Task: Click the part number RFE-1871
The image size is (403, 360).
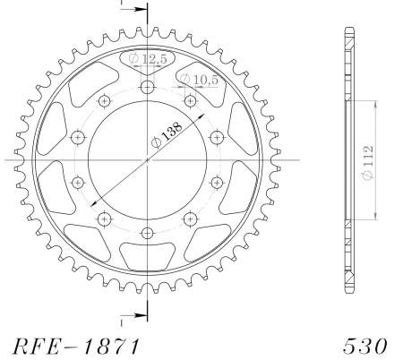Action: [x=76, y=347]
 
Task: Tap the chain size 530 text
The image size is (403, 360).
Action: [x=364, y=347]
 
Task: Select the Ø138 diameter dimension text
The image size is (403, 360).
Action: [x=166, y=135]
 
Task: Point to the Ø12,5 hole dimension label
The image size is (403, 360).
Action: [x=148, y=59]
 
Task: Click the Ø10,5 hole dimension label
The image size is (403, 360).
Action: [x=200, y=80]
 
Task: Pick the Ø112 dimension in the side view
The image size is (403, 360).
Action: [x=368, y=162]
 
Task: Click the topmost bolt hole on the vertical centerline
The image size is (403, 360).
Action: [x=148, y=88]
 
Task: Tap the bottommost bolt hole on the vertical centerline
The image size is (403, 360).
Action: [x=147, y=233]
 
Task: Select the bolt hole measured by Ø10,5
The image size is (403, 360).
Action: [x=190, y=101]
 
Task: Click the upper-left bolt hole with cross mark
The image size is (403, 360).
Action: [x=104, y=101]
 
